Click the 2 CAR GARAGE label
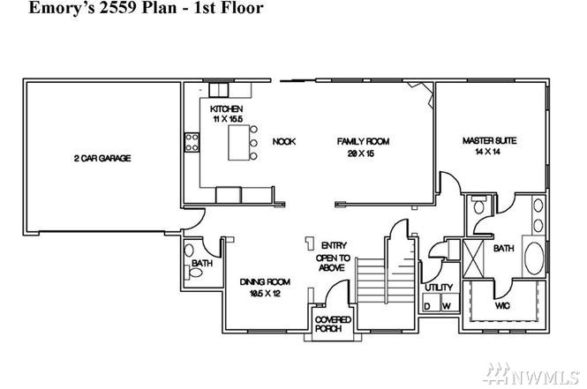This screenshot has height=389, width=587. (102, 158)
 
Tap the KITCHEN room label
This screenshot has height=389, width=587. (227, 108)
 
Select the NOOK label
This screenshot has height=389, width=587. (284, 141)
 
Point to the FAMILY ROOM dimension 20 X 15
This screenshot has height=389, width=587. (361, 153)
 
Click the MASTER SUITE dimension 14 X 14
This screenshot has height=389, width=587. (488, 152)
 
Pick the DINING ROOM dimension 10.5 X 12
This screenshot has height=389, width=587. (265, 293)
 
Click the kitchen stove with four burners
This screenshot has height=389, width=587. (192, 143)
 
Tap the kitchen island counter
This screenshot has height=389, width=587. (239, 143)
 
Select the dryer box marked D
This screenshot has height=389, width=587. (432, 302)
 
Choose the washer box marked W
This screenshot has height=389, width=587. (450, 302)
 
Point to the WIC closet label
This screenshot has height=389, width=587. (502, 305)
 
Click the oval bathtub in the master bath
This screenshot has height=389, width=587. (534, 258)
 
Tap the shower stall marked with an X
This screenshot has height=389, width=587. (473, 258)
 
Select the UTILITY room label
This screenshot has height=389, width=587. (439, 288)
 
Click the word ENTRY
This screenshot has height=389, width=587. (334, 245)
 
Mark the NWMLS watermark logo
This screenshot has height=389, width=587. (531, 374)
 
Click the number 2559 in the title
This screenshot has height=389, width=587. (118, 7)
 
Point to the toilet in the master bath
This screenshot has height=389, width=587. (478, 205)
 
